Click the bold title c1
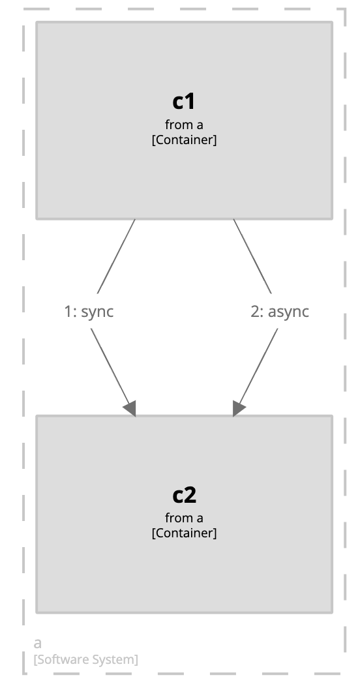click(x=184, y=102)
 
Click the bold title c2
click(x=184, y=495)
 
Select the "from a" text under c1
click(x=184, y=125)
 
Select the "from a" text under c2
click(x=184, y=518)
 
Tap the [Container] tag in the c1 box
click(x=184, y=140)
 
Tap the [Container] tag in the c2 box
click(x=184, y=533)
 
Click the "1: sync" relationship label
click(x=89, y=312)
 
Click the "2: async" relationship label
click(x=280, y=312)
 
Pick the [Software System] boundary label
click(x=85, y=659)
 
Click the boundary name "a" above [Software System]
click(x=38, y=643)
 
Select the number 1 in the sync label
click(x=67, y=312)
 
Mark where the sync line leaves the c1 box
click(x=135, y=219)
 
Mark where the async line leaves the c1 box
click(x=233, y=219)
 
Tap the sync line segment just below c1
click(x=116, y=256)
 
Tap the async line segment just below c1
click(x=252, y=256)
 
